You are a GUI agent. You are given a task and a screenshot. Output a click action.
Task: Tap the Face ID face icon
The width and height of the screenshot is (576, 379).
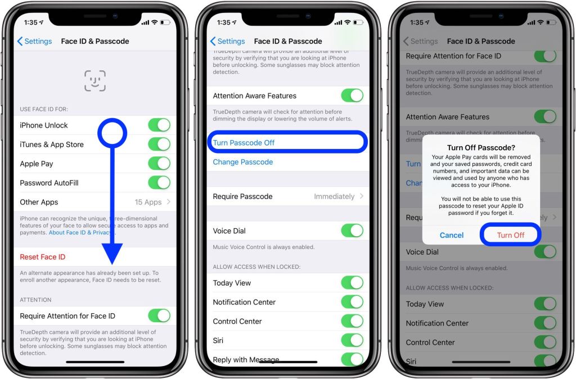pyautogui.click(x=95, y=80)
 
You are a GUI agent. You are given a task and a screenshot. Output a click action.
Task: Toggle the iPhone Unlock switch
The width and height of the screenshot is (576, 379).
pyautogui.click(x=159, y=125)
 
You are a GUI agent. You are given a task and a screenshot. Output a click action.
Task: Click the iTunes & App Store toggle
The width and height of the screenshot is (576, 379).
pyautogui.click(x=159, y=144)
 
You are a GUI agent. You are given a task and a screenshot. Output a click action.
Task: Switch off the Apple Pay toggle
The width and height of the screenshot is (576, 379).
pyautogui.click(x=159, y=164)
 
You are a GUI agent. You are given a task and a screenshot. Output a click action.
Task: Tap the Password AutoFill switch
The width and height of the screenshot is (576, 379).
pyautogui.click(x=159, y=183)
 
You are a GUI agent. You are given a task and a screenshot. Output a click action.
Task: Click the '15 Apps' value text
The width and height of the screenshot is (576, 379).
pyautogui.click(x=148, y=202)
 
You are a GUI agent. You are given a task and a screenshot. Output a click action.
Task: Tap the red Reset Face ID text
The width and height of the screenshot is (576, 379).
pyautogui.click(x=43, y=257)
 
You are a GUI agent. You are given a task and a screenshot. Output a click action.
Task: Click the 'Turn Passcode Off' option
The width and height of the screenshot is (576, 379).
pyautogui.click(x=244, y=143)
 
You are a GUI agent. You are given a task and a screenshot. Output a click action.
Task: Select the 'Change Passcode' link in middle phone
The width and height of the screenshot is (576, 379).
pyautogui.click(x=242, y=162)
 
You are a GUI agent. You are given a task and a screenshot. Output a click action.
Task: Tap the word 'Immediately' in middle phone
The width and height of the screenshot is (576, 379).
pyautogui.click(x=334, y=196)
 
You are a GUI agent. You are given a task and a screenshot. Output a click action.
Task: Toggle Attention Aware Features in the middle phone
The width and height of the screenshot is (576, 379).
pyautogui.click(x=352, y=96)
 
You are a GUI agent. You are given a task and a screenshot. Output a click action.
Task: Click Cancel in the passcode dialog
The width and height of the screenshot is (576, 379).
pyautogui.click(x=452, y=235)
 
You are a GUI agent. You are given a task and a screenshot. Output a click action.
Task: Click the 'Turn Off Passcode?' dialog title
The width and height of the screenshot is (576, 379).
pyautogui.click(x=481, y=148)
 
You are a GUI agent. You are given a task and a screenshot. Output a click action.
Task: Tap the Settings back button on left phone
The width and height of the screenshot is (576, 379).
pyautogui.click(x=35, y=41)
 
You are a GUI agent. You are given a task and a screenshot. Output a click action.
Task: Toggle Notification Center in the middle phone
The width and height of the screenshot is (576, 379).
pyautogui.click(x=352, y=302)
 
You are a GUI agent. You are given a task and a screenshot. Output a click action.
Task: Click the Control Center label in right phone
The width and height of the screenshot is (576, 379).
pyautogui.click(x=430, y=342)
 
